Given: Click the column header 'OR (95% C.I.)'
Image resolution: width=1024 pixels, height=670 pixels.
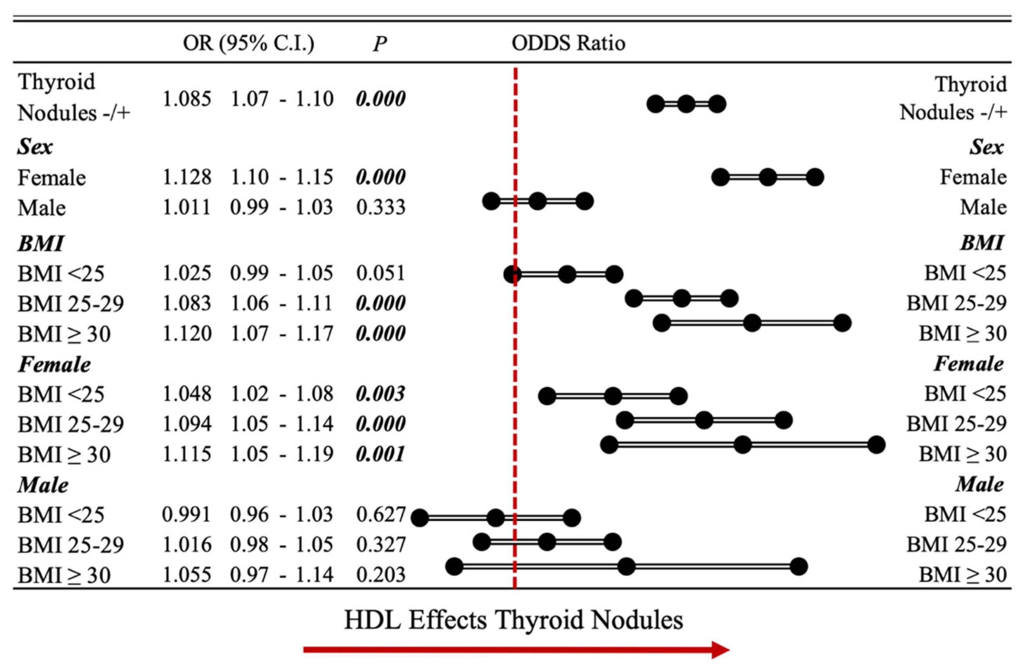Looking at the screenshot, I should pos(248,43).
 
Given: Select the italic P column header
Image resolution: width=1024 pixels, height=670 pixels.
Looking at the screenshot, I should pos(380,43).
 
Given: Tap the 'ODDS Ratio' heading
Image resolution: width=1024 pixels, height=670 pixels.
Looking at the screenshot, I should pos(568,43).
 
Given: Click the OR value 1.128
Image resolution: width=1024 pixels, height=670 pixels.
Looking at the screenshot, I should pos(187,177).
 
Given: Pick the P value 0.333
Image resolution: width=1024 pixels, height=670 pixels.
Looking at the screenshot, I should pos(380,207).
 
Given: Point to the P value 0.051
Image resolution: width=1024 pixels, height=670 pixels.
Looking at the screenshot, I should pos(380,273).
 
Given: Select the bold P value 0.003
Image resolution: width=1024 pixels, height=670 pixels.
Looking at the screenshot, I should pos(380,394).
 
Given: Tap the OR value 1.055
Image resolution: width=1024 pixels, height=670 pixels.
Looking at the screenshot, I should pos(187,575).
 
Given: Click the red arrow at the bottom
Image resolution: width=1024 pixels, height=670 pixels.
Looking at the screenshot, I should pos(516,649).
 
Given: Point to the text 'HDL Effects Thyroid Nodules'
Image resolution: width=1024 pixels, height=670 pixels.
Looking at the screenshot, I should pos(513,620).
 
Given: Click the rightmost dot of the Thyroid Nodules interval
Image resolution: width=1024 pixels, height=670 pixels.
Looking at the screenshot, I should pos(717,104).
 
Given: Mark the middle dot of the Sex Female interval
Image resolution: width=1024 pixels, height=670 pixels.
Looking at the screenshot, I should pos(768,177).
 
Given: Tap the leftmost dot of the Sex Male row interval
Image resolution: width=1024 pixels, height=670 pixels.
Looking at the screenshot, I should pos(491,201).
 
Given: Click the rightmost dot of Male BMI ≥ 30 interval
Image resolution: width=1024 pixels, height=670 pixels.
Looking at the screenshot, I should pos(798,566).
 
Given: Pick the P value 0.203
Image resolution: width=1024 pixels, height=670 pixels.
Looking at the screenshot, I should pos(380,575).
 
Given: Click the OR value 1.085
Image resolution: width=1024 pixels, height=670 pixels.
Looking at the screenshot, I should pos(187,99).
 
